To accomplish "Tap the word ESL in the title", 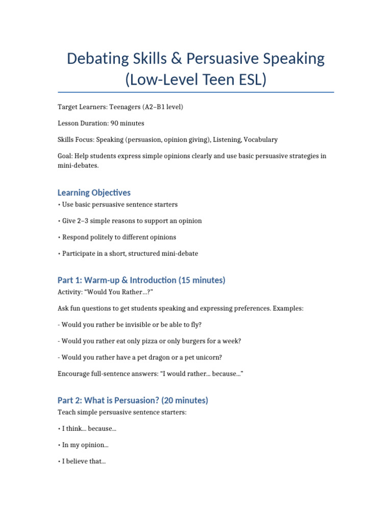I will point(250,80).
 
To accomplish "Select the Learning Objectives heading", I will point(94,193).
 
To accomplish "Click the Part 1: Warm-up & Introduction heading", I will point(141,280).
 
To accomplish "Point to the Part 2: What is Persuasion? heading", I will point(133,401).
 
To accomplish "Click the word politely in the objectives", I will point(105,237).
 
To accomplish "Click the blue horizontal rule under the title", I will point(196,92).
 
